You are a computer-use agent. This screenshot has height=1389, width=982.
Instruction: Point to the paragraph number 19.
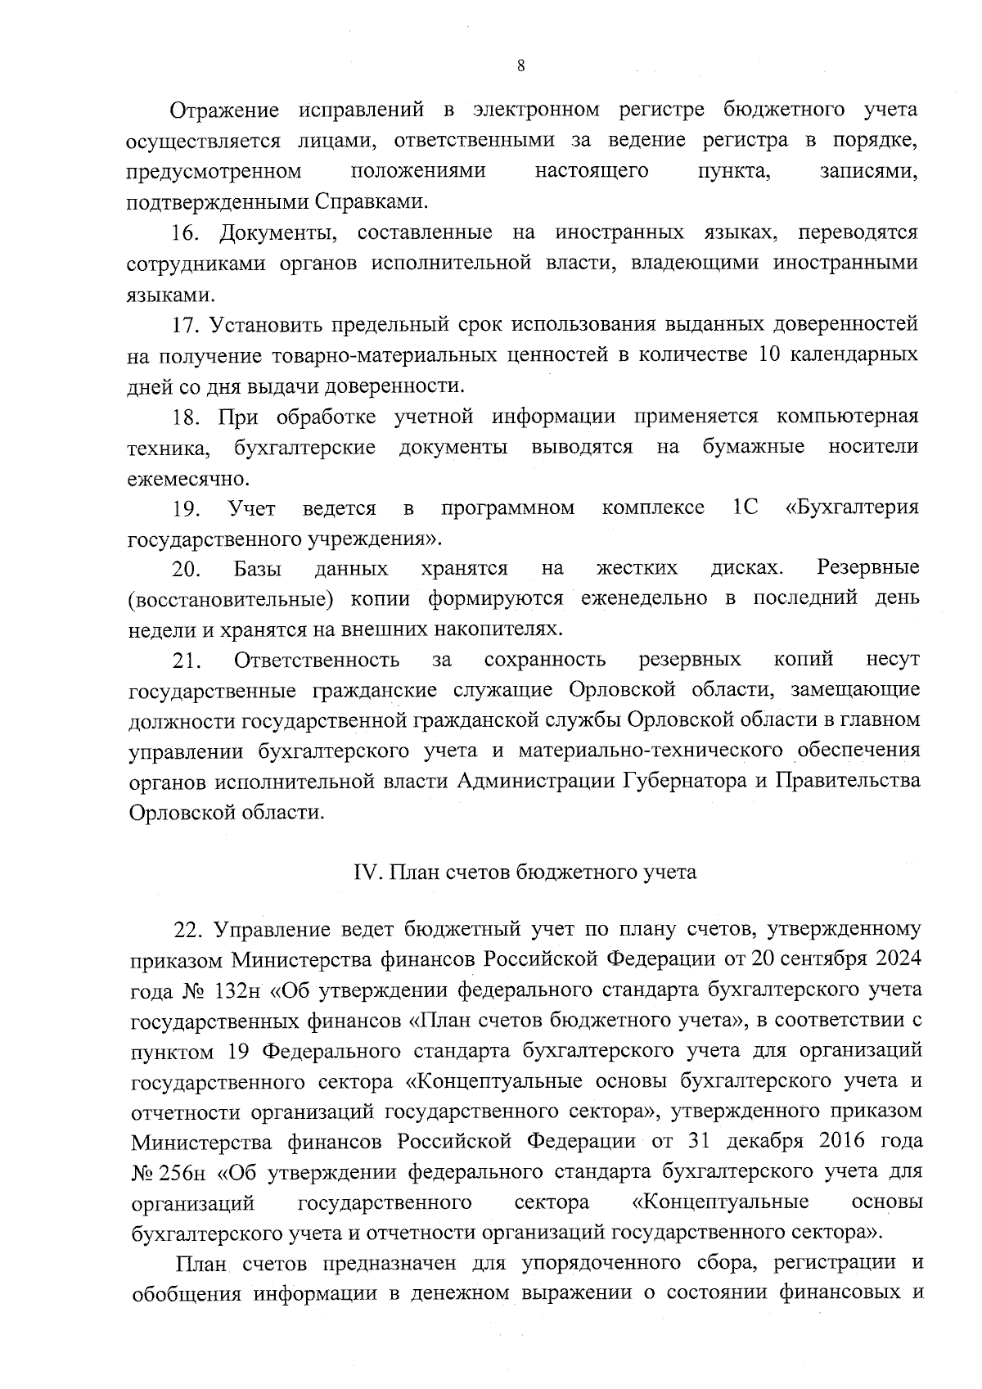click(x=187, y=509)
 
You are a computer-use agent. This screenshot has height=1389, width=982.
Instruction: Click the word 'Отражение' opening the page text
click(x=224, y=110)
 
